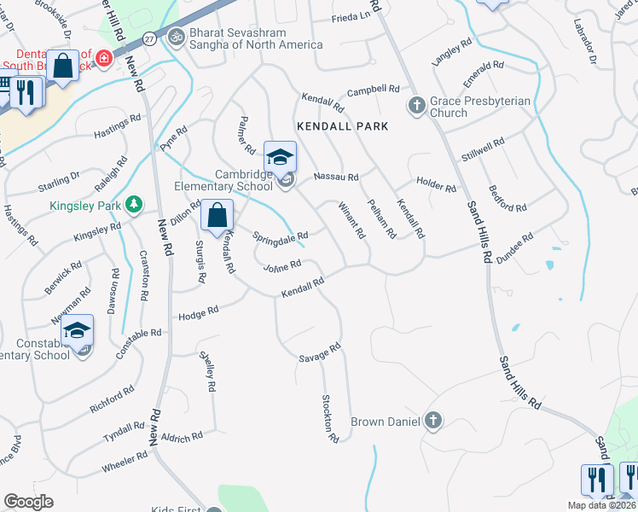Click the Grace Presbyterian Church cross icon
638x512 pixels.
coord(417,106)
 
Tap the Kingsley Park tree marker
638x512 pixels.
coord(133,205)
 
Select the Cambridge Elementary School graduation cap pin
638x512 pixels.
coord(280,157)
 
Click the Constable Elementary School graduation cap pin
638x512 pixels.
coord(78,330)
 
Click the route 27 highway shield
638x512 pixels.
coord(150,38)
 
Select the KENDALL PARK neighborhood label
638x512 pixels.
coord(342,126)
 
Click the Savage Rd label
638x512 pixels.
coord(320,352)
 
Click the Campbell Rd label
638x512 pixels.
coord(374,90)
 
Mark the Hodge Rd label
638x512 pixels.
coord(199,314)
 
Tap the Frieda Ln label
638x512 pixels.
coord(351,17)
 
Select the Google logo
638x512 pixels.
coord(28,502)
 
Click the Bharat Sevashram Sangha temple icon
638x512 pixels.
coord(178,38)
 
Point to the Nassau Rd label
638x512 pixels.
coord(336,177)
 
